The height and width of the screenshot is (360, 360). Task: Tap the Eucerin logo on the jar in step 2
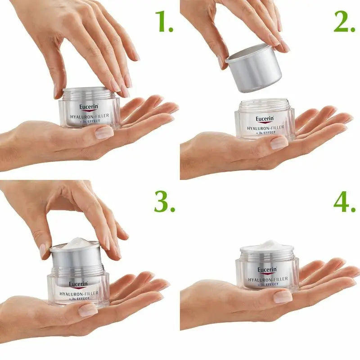pyautogui.click(x=264, y=119)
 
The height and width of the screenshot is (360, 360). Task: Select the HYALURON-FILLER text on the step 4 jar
pyautogui.click(x=267, y=280)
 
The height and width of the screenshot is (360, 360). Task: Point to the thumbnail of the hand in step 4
pyautogui.click(x=282, y=296)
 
